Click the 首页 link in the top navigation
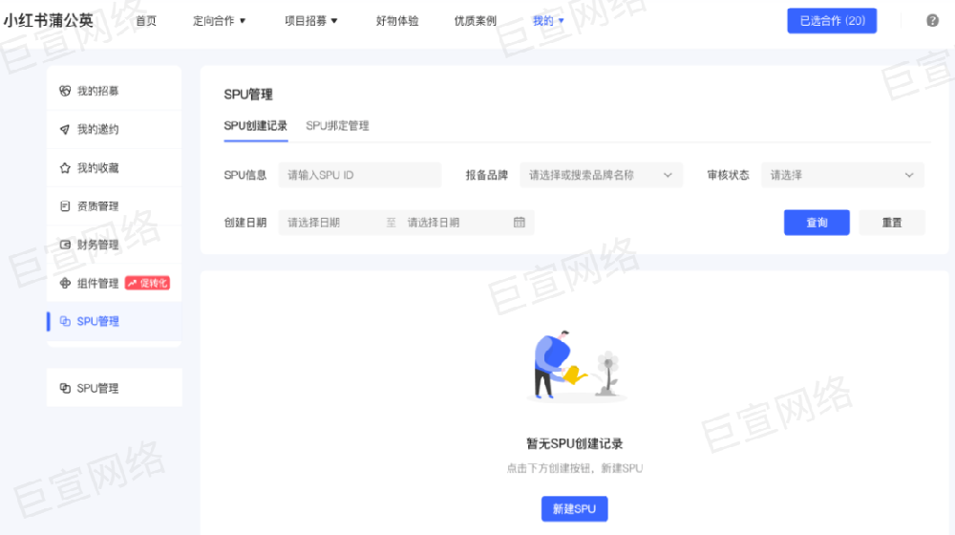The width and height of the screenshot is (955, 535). pos(145,21)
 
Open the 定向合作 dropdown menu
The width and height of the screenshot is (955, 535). pos(220,21)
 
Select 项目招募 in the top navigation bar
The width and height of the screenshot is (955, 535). pos(311,21)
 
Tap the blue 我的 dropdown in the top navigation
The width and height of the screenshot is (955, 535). pos(548,21)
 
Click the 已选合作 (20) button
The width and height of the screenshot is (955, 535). pos(832,21)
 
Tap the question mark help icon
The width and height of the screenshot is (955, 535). pos(932,21)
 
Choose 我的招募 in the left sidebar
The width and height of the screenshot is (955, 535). pos(97,92)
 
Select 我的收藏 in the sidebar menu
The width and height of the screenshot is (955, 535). pos(97,168)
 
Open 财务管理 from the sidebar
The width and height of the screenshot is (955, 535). pos(97,245)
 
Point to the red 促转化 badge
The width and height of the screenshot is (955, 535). pos(147,283)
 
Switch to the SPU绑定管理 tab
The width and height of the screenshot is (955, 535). pos(337,126)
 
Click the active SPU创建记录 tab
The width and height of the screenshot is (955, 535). pos(256,126)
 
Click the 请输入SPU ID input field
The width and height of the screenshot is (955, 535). pos(360,175)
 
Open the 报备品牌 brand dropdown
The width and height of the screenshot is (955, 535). pos(602,175)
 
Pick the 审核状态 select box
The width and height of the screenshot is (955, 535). pos(842,175)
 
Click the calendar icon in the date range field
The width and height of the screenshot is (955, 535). pos(520,223)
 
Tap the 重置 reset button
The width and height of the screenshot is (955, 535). pos(892,223)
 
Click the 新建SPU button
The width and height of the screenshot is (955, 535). pos(574,509)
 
